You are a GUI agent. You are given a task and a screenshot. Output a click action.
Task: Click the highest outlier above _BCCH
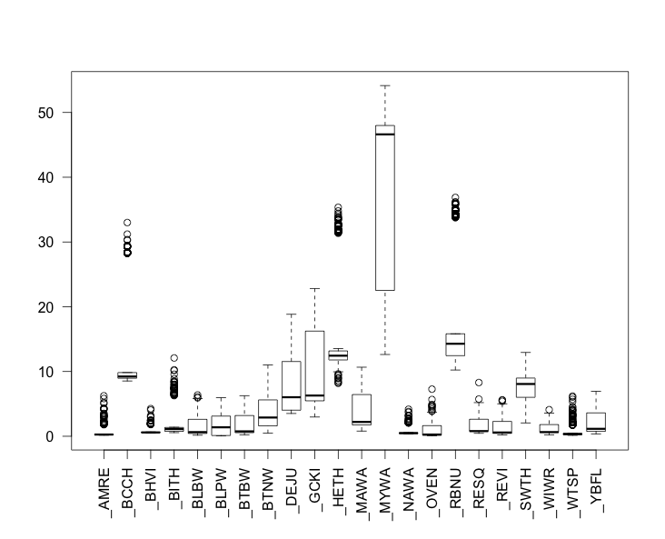click(x=127, y=223)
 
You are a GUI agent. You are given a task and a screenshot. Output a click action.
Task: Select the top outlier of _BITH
click(x=174, y=358)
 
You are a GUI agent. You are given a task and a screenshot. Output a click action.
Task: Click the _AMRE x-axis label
click(x=104, y=496)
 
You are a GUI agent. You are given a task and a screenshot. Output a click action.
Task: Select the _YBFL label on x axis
click(x=596, y=495)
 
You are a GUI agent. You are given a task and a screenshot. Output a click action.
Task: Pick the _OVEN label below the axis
click(x=432, y=496)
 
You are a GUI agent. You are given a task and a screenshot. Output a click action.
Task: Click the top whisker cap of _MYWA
click(x=385, y=85)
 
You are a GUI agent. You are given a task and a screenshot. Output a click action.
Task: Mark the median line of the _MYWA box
click(x=385, y=134)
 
